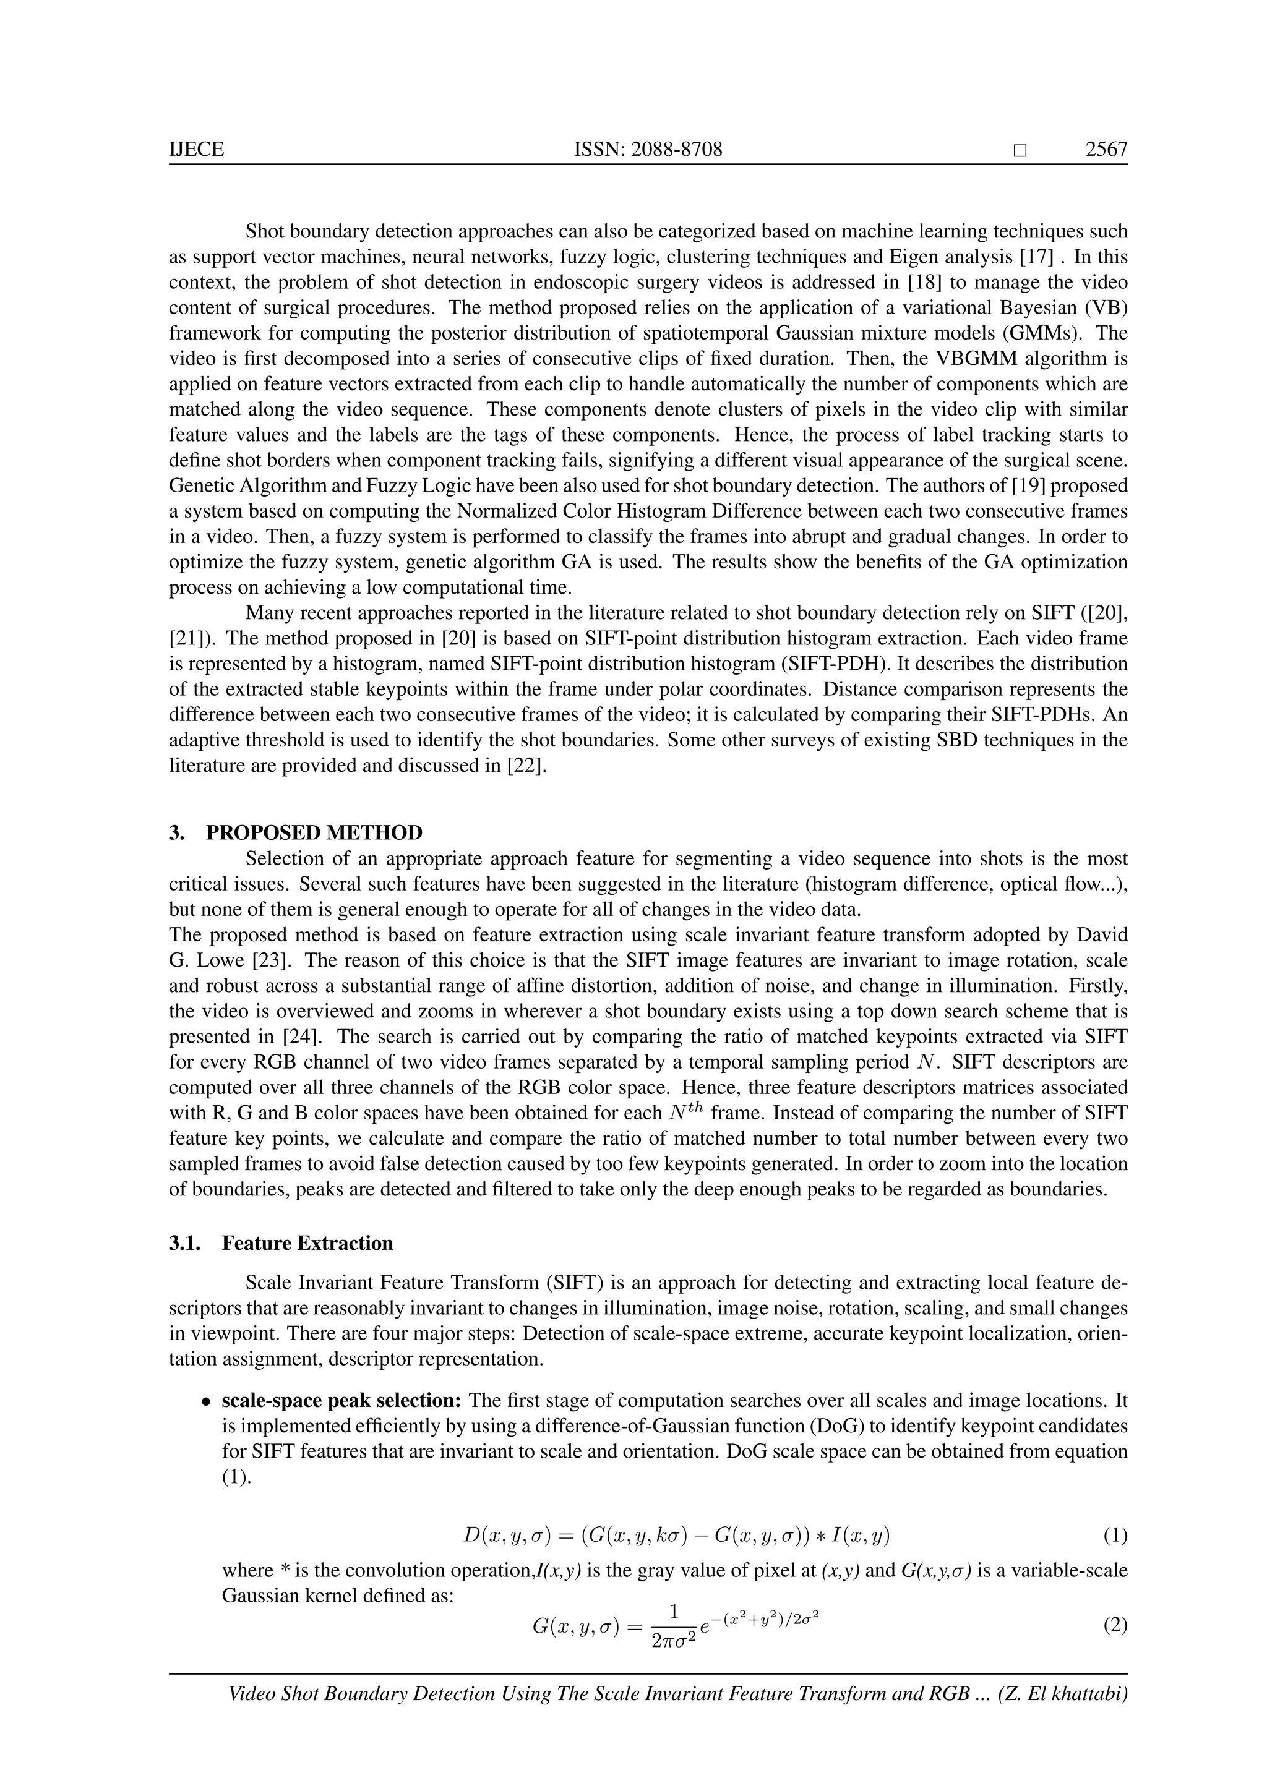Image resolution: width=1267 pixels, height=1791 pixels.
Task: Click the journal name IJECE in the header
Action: pos(196,149)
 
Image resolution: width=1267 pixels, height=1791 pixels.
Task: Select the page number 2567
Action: pos(1106,149)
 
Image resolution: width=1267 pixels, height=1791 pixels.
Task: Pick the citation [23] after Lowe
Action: pos(275,960)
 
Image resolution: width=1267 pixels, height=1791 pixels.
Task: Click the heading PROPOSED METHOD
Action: pos(314,833)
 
